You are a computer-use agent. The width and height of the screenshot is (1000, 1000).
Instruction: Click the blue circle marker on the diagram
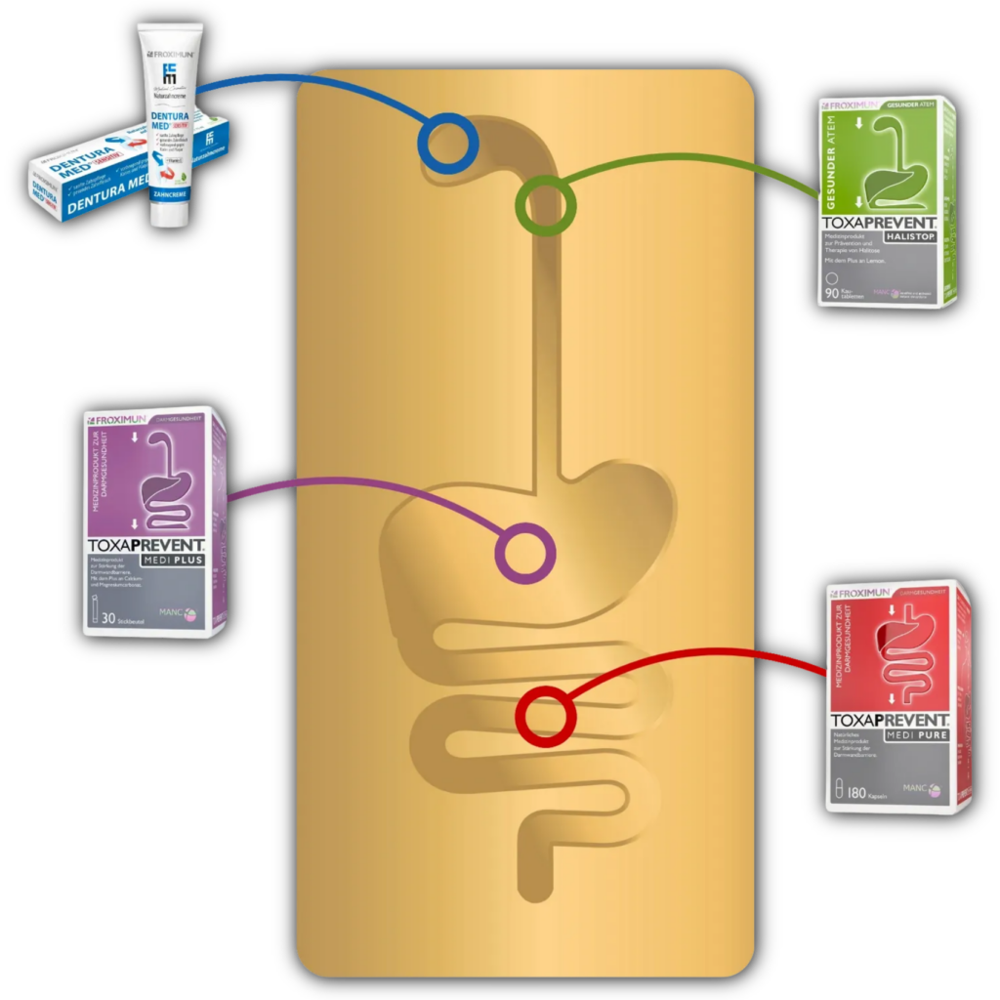point(447,144)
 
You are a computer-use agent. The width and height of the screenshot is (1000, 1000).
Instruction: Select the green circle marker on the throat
point(545,203)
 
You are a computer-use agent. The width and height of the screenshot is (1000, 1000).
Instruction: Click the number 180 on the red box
point(860,792)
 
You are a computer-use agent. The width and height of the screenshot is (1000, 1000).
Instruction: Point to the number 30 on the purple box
point(107,618)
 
